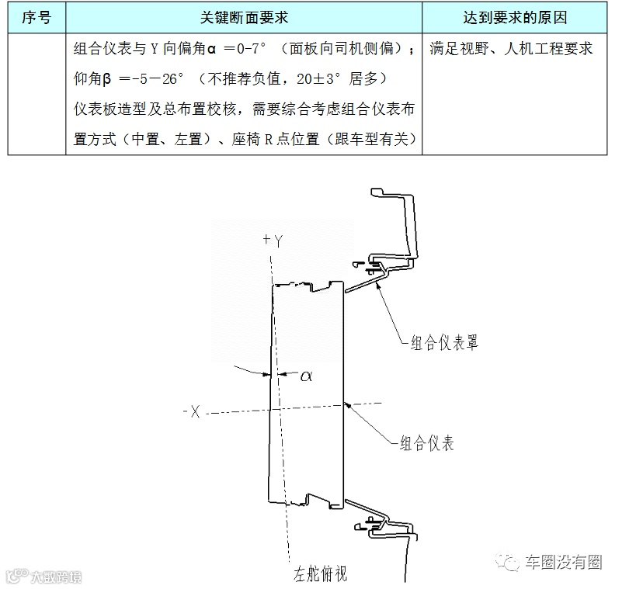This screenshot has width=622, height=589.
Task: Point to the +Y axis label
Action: [273, 241]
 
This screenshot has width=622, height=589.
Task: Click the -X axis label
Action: [192, 412]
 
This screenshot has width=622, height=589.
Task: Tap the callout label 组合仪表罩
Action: [445, 342]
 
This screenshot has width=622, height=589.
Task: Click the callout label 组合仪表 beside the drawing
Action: [426, 444]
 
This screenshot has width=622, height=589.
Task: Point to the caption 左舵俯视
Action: [320, 574]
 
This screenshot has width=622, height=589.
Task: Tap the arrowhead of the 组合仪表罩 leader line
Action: [377, 285]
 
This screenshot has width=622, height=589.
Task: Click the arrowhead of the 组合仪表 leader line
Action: [346, 403]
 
